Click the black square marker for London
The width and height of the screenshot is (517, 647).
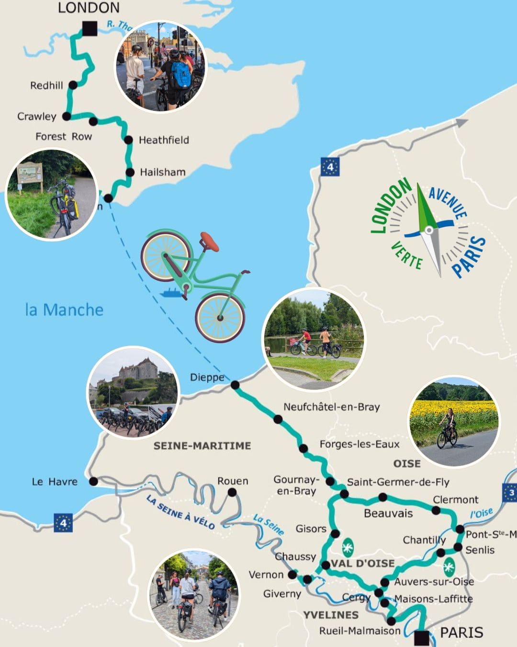[90, 29]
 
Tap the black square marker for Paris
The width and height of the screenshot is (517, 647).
[422, 638]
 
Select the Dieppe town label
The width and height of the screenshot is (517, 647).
[207, 378]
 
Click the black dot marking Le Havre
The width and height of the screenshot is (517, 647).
[93, 481]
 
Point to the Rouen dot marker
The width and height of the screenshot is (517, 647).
[232, 492]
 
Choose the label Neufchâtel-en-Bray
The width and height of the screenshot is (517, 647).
[331, 407]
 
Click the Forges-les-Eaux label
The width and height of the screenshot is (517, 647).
[359, 444]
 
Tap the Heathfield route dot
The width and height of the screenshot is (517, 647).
[128, 140]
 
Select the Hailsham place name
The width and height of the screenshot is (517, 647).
[162, 172]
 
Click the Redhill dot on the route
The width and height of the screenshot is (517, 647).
[73, 85]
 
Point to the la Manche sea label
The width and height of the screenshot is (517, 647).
[64, 310]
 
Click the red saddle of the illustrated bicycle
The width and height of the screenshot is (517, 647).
[209, 242]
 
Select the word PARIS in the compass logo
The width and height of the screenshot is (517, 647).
[470, 257]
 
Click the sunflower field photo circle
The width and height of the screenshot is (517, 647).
[453, 421]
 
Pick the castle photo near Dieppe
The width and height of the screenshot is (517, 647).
[133, 392]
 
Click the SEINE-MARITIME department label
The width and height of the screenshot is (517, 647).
[202, 446]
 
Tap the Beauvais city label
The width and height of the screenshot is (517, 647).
[388, 513]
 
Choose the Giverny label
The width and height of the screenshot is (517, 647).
[282, 594]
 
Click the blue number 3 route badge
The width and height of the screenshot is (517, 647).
[510, 493]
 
